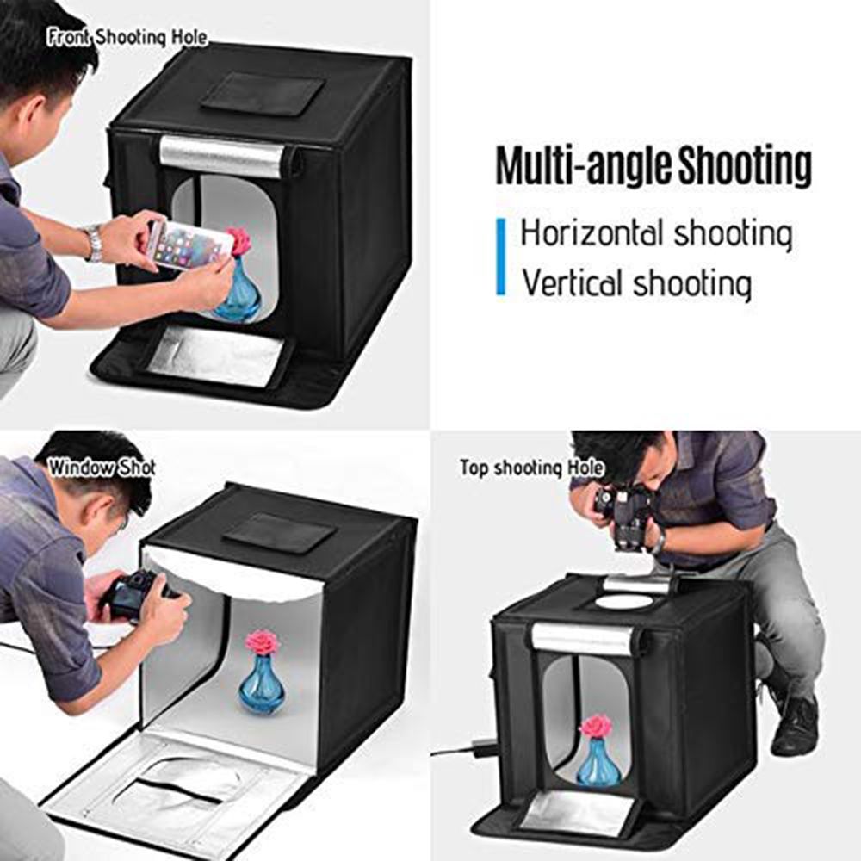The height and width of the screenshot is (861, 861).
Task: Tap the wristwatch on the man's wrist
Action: [93, 243]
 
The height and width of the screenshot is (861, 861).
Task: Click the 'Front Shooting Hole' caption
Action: [127, 38]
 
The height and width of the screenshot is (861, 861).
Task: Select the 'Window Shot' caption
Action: [101, 468]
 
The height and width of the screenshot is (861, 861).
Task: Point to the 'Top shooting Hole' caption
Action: [531, 468]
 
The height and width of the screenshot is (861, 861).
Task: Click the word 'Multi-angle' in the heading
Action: [585, 167]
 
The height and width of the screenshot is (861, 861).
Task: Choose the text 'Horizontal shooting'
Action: [656, 233]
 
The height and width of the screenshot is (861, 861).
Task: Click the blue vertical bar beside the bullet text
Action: [501, 257]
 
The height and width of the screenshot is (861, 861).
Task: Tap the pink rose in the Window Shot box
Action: [263, 641]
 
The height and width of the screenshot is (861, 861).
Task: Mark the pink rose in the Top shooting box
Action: [596, 726]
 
